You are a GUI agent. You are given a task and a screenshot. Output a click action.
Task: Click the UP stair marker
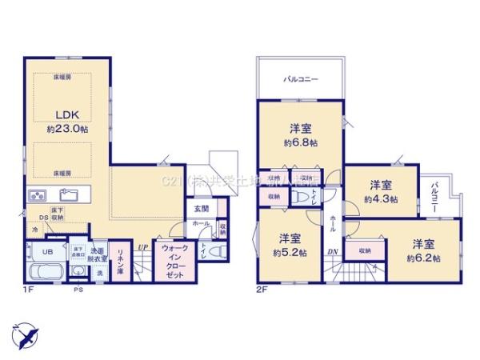coord(142,247)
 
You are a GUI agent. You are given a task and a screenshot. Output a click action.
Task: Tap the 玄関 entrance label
coord(201,209)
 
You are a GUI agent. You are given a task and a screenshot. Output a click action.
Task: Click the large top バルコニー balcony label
coord(301,80)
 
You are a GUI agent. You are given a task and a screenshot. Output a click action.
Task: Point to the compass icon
coord(26,334)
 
